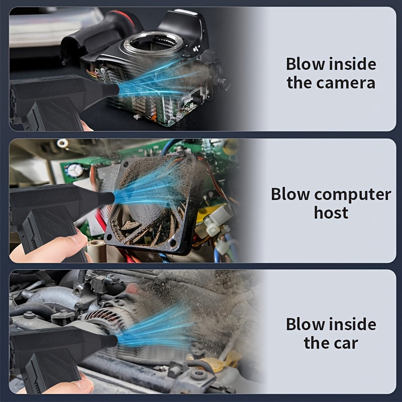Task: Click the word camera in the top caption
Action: pos(346,83)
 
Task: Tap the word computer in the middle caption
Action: pos(353,194)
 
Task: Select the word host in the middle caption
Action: pos(331,213)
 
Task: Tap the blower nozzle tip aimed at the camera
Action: pos(116,90)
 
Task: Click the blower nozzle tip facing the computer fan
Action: pos(111,198)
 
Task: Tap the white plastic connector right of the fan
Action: pos(217,221)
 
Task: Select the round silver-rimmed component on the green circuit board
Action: pos(74,170)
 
